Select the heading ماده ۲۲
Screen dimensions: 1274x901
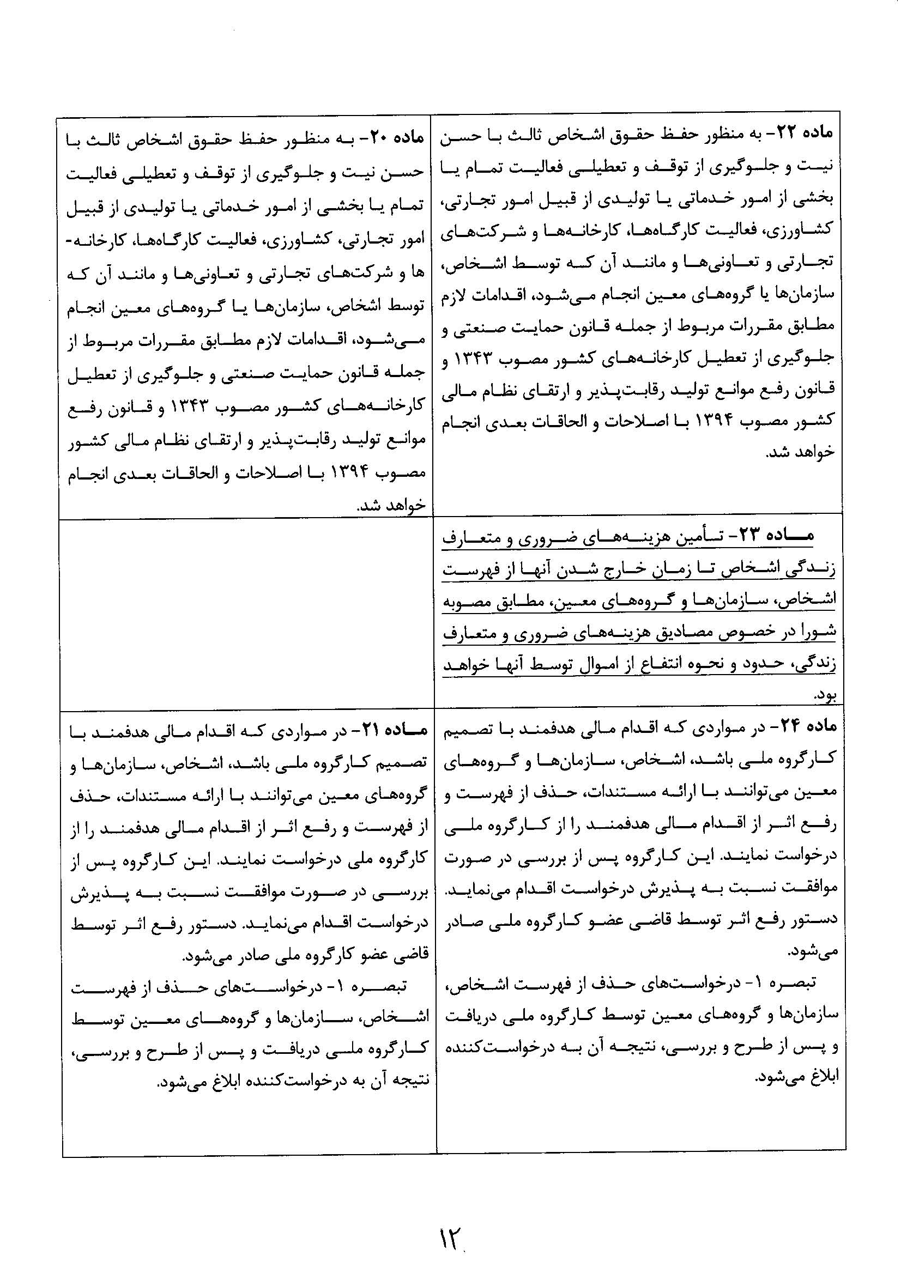pyautogui.click(x=806, y=133)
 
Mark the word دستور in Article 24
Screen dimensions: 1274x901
pyautogui.click(x=816, y=920)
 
